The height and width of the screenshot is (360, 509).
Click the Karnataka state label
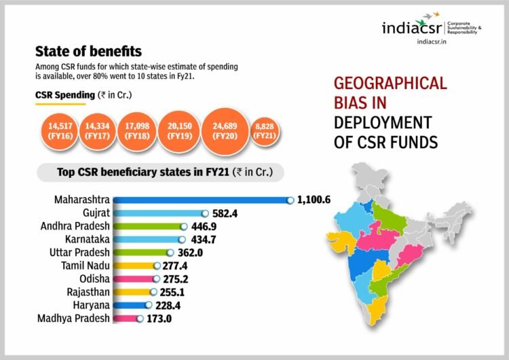pyautogui.click(x=86, y=240)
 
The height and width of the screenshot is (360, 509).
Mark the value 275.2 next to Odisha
pyautogui.click(x=175, y=278)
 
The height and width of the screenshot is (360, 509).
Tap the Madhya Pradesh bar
pyautogui.click(x=126, y=319)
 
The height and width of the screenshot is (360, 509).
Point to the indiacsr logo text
pyautogui.click(x=412, y=29)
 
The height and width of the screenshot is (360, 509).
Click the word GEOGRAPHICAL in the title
pyautogui.click(x=390, y=84)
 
